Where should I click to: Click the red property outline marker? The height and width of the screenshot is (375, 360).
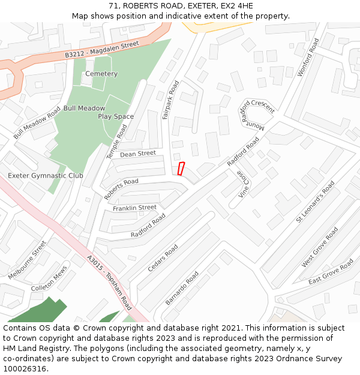[181, 169]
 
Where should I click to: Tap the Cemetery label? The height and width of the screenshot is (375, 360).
[101, 74]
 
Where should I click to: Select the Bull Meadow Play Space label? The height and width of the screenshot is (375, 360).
[100, 112]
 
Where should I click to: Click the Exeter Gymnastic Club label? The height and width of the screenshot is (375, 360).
[46, 176]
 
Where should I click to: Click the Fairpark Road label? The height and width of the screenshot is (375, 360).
[170, 100]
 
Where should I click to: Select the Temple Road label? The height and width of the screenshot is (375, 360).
[117, 142]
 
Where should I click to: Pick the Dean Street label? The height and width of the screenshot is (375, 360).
[138, 154]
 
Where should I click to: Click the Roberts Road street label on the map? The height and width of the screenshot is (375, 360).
[121, 188]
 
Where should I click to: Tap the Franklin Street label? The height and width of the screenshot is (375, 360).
[134, 208]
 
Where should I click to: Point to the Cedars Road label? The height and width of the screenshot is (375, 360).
[163, 257]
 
